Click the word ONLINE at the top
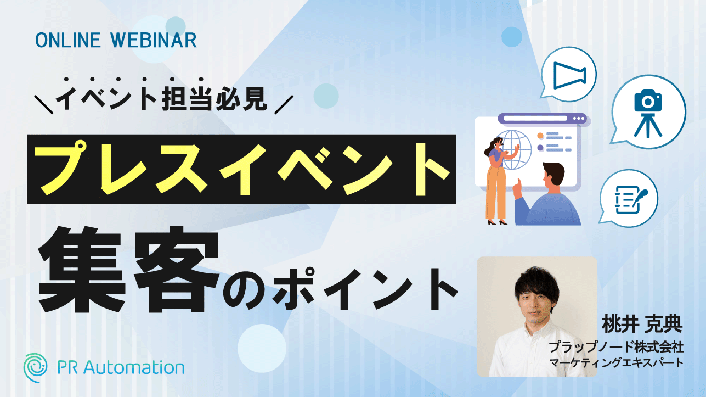pyautogui.click(x=68, y=40)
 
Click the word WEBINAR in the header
pyautogui.click(x=154, y=40)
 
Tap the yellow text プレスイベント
pyautogui.click(x=241, y=169)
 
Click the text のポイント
pyautogui.click(x=341, y=289)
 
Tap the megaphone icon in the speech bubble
pyautogui.click(x=570, y=75)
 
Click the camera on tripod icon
pyautogui.click(x=648, y=114)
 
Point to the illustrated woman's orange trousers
pyautogui.click(x=496, y=193)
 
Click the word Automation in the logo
pyautogui.click(x=134, y=368)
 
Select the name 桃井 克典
pyautogui.click(x=642, y=323)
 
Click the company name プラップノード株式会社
pyautogui.click(x=616, y=347)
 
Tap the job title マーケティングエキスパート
pyautogui.click(x=616, y=363)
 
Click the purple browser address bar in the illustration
pyautogui.click(x=535, y=119)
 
